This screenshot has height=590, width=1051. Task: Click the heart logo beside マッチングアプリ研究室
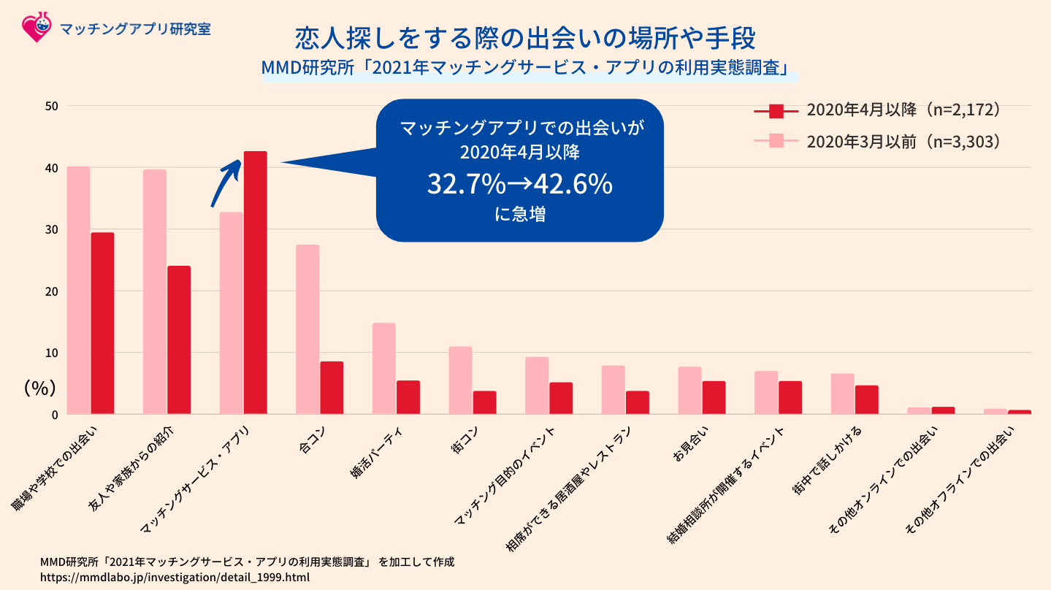[x=36, y=27]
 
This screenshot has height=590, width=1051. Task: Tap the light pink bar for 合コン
[x=307, y=329]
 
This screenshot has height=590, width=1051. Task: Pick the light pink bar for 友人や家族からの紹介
[x=155, y=292]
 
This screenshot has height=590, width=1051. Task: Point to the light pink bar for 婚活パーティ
[x=383, y=369]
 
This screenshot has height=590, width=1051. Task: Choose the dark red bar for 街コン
[x=484, y=402]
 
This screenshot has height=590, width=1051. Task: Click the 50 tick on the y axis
[x=51, y=106]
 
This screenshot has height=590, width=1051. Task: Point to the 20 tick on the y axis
[x=51, y=291]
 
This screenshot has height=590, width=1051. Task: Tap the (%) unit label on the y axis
[x=39, y=388]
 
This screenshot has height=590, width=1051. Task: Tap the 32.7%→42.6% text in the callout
[x=519, y=185]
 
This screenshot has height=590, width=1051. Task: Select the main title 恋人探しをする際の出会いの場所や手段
[x=525, y=38]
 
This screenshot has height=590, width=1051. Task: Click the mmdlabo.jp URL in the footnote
[x=175, y=577]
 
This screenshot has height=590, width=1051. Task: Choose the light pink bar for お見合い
[x=689, y=391]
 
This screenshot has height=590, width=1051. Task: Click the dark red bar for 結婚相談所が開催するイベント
[x=790, y=398]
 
